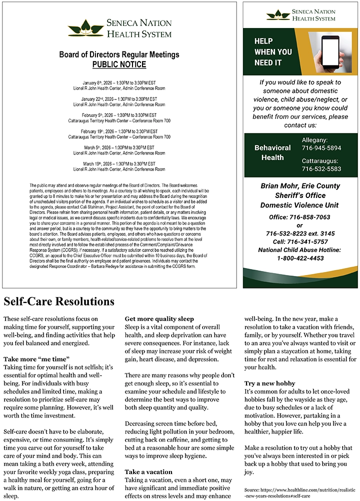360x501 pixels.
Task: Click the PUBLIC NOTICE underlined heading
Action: point(119,64)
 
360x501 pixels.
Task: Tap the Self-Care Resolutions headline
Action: point(59,302)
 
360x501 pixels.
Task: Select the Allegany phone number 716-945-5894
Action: point(321,148)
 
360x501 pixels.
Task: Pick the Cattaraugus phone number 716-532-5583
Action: point(321,169)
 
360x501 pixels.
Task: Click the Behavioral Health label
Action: point(272,152)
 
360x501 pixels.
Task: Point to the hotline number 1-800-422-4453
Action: point(300,258)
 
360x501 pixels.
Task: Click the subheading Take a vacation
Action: point(148,471)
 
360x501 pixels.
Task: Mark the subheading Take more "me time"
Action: point(36,359)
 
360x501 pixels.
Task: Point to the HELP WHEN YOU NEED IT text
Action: point(273,52)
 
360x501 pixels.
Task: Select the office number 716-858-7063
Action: point(299,217)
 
